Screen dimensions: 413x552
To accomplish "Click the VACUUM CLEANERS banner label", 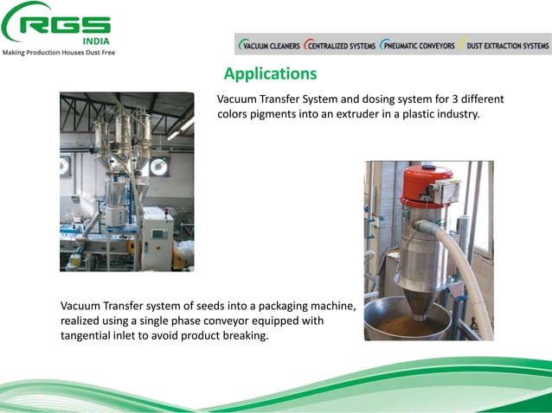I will (x=271, y=46).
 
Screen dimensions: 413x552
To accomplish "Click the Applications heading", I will (x=270, y=73).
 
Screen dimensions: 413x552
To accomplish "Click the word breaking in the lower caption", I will (x=245, y=335).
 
